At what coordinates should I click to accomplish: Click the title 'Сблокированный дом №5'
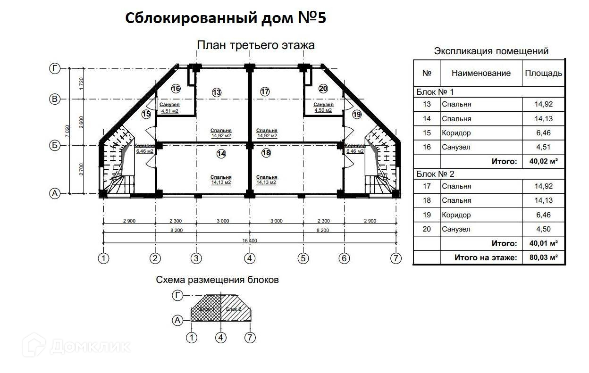click(x=226, y=18)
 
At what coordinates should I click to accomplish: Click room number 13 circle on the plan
click(x=217, y=92)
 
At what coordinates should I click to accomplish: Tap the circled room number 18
click(x=266, y=153)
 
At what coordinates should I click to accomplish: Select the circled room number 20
click(x=323, y=88)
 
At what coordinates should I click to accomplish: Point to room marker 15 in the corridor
click(x=146, y=114)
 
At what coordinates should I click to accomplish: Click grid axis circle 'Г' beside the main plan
click(x=55, y=69)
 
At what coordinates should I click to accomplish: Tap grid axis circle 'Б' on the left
click(x=55, y=146)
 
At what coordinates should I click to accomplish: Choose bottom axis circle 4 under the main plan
click(x=250, y=258)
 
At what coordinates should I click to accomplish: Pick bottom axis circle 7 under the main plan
click(x=395, y=258)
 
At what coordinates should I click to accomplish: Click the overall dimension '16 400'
click(x=250, y=240)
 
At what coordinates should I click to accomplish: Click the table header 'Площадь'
click(x=543, y=73)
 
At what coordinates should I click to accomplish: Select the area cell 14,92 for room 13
click(x=543, y=104)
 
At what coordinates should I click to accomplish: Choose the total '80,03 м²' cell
click(x=543, y=257)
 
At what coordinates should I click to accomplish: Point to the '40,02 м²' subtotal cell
click(x=543, y=161)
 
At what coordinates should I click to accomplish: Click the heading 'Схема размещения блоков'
click(x=217, y=280)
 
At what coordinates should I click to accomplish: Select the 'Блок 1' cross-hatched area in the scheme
click(x=206, y=309)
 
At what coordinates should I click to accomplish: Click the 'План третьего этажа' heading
click(x=255, y=45)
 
